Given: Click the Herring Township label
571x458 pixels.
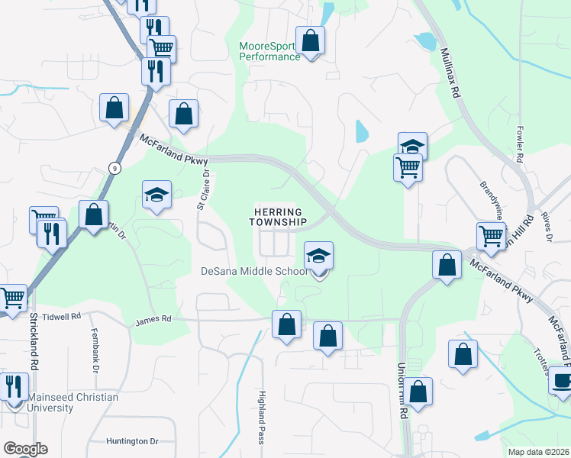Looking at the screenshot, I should (x=278, y=217).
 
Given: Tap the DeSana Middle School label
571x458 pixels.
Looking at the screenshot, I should (x=254, y=271).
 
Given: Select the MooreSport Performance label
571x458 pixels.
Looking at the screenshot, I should (x=269, y=51).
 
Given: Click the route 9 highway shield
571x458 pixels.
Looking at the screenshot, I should (x=115, y=168).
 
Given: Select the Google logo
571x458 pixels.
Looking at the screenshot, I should (x=24, y=449).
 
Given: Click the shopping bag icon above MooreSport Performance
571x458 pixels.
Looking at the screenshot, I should (x=310, y=40).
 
